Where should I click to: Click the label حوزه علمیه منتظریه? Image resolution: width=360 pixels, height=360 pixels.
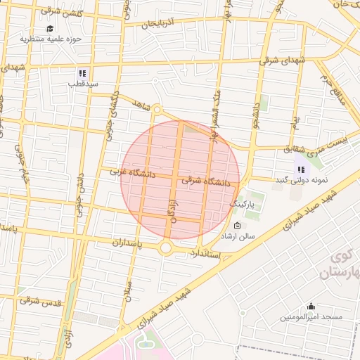pyautogui.click(x=51, y=39)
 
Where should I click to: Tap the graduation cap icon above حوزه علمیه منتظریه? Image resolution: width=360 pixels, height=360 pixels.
pyautogui.click(x=50, y=28)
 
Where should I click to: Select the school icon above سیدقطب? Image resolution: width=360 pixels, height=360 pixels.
pyautogui.click(x=82, y=73)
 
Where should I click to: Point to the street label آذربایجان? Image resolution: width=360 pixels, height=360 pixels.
pyautogui.click(x=167, y=24)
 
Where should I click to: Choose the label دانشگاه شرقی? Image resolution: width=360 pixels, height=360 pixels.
pyautogui.click(x=206, y=181)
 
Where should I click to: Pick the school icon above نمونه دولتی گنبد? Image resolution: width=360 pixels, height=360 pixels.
pyautogui.click(x=301, y=169)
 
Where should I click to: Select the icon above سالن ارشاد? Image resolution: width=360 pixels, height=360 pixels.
pyautogui.click(x=237, y=226)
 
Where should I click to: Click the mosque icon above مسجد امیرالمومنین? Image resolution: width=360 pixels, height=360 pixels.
pyautogui.click(x=311, y=306)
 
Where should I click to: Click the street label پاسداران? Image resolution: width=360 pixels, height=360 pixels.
pyautogui.click(x=127, y=243)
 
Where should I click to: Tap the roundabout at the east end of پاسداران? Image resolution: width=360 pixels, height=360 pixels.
pyautogui.click(x=167, y=247)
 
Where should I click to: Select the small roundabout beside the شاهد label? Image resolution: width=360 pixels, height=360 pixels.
pyautogui.click(x=157, y=109)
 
